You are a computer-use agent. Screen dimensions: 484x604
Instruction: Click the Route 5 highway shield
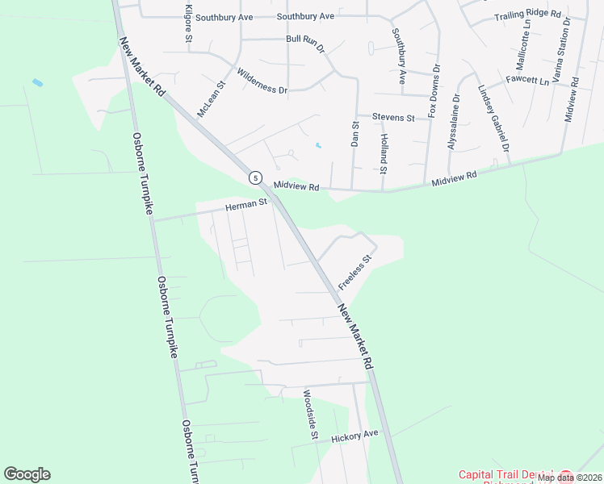click(x=255, y=177)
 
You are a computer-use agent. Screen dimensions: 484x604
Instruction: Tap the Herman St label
click(x=246, y=206)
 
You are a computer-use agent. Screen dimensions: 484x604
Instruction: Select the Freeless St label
click(x=354, y=273)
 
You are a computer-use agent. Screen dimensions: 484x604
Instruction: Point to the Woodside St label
click(x=308, y=415)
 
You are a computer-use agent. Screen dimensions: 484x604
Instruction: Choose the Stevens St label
click(x=393, y=118)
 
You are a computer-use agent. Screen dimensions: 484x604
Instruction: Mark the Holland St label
click(x=383, y=153)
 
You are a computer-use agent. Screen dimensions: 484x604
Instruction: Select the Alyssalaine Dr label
click(x=455, y=122)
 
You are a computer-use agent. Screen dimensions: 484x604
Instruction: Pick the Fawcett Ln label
click(x=527, y=81)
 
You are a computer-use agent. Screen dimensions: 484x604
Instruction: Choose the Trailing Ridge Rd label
click(x=528, y=15)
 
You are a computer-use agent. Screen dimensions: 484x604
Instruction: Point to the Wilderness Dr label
click(x=262, y=84)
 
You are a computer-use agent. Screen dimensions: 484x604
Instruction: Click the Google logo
click(x=27, y=474)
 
